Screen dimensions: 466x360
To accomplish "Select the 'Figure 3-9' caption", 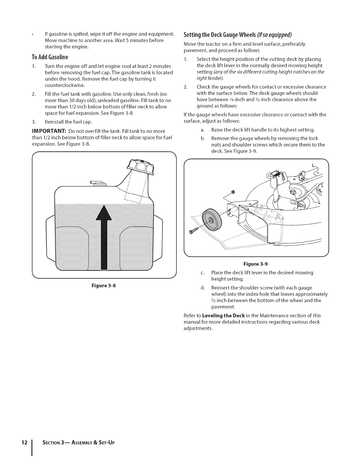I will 255,264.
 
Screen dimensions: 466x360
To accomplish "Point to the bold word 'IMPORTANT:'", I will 49,131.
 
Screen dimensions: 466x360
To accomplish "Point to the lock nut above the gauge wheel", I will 233,192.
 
